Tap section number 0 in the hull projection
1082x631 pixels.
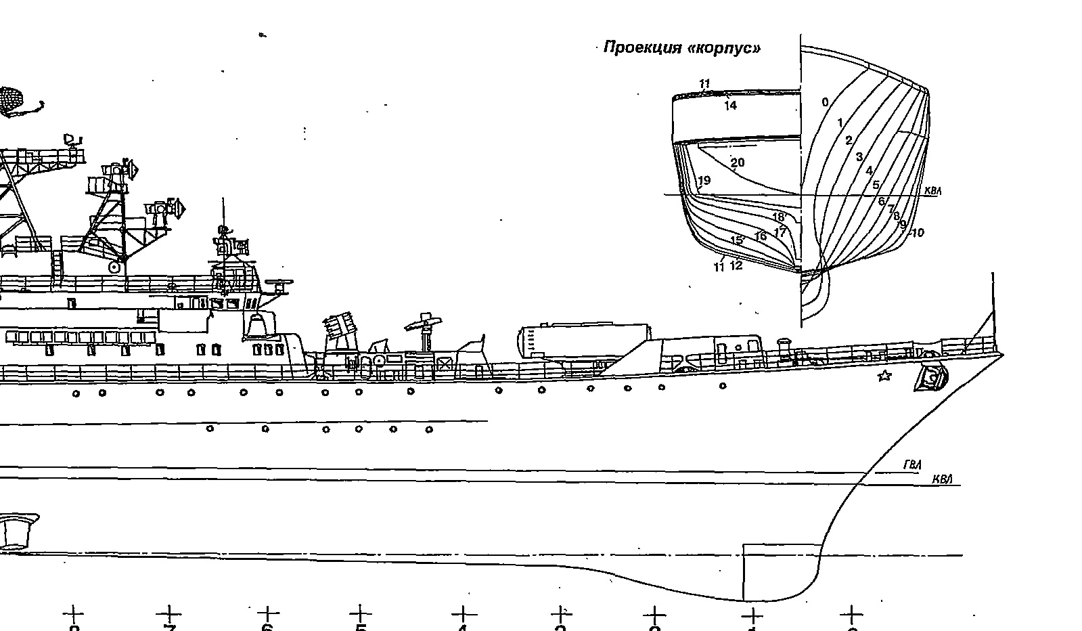point(825,102)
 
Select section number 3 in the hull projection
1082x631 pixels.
point(859,157)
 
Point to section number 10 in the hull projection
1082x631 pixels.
point(918,233)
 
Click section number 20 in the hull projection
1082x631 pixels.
point(738,162)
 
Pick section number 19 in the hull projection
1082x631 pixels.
point(704,180)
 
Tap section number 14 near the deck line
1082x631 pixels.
point(729,106)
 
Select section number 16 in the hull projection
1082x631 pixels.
point(761,236)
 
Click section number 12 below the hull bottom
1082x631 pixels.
point(736,265)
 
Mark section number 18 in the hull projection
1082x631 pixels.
point(778,217)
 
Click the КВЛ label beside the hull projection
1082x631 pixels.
point(932,192)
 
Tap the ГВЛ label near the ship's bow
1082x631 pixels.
point(912,465)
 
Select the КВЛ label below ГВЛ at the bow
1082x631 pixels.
point(942,480)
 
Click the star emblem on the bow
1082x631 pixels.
point(884,376)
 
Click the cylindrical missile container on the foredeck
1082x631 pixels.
point(583,338)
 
